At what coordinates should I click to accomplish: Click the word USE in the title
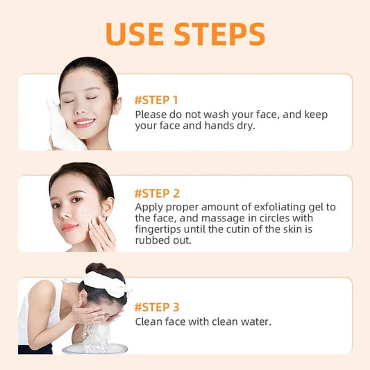138,35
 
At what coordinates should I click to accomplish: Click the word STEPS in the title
219,35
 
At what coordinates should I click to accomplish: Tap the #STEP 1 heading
156,99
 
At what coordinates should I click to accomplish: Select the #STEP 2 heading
157,193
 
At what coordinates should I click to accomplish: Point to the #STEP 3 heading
157,306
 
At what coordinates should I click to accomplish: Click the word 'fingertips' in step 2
160,229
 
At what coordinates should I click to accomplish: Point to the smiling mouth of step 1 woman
84,123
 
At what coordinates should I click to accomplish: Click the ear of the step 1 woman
116,105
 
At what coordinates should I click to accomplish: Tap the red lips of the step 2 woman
69,226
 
